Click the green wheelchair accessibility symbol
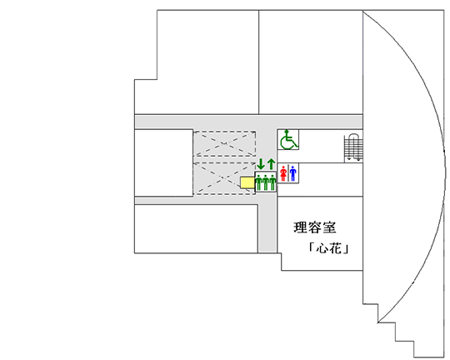(x=288, y=139)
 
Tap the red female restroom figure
(x=283, y=173)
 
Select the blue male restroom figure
(x=292, y=173)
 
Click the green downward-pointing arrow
(x=261, y=164)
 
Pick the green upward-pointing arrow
(x=271, y=164)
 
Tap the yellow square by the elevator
(x=247, y=182)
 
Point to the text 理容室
(x=315, y=227)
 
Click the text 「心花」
(x=328, y=248)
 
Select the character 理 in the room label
(x=300, y=227)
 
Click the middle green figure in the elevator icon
(x=266, y=182)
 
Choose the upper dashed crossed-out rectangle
(x=224, y=143)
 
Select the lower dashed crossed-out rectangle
(x=224, y=178)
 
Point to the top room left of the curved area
(x=311, y=62)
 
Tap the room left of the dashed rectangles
(x=163, y=163)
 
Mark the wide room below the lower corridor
(x=196, y=229)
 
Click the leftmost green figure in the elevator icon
(x=258, y=182)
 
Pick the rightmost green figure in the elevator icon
(x=272, y=182)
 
